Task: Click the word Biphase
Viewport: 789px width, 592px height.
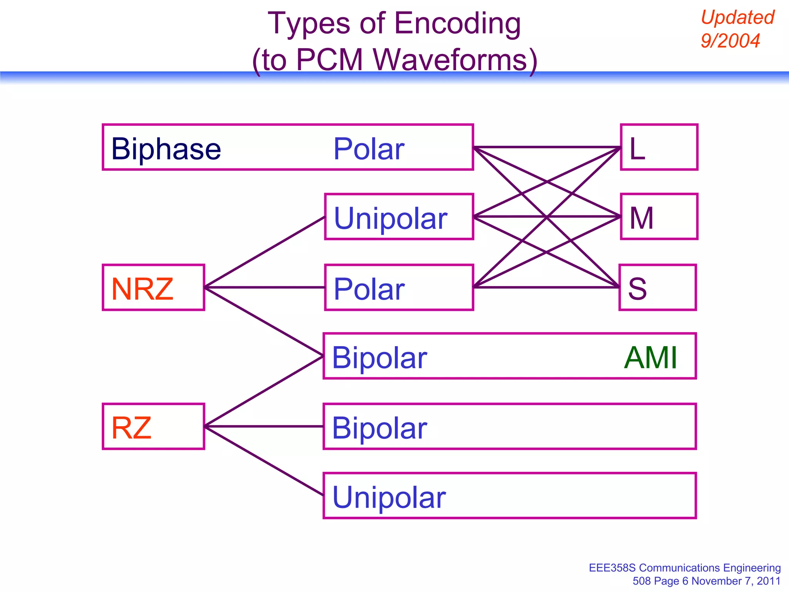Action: (x=166, y=149)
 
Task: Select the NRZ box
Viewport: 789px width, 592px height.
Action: (x=153, y=288)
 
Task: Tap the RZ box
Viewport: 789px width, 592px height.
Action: (x=153, y=427)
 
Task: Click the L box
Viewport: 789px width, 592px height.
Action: (x=659, y=147)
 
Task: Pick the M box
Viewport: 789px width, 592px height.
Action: (x=659, y=217)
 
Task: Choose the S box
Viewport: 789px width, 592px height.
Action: (x=658, y=288)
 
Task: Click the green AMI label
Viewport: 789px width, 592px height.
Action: (x=650, y=358)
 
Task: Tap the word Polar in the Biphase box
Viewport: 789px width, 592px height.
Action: (x=369, y=149)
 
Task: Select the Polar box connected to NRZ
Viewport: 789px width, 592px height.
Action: (x=399, y=288)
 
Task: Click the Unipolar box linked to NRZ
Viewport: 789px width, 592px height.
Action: (x=399, y=217)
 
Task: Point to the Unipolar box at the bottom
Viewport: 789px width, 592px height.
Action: (x=509, y=496)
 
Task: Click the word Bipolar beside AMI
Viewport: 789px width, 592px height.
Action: (x=379, y=358)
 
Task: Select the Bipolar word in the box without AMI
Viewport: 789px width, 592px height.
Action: (x=379, y=428)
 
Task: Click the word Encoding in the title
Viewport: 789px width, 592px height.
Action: (x=458, y=24)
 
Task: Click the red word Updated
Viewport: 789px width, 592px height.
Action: (x=737, y=18)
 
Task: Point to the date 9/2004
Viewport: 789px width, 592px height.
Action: (x=730, y=41)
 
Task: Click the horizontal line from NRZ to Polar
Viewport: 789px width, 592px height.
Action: (x=265, y=288)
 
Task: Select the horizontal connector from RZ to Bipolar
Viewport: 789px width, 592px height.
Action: (x=264, y=427)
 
